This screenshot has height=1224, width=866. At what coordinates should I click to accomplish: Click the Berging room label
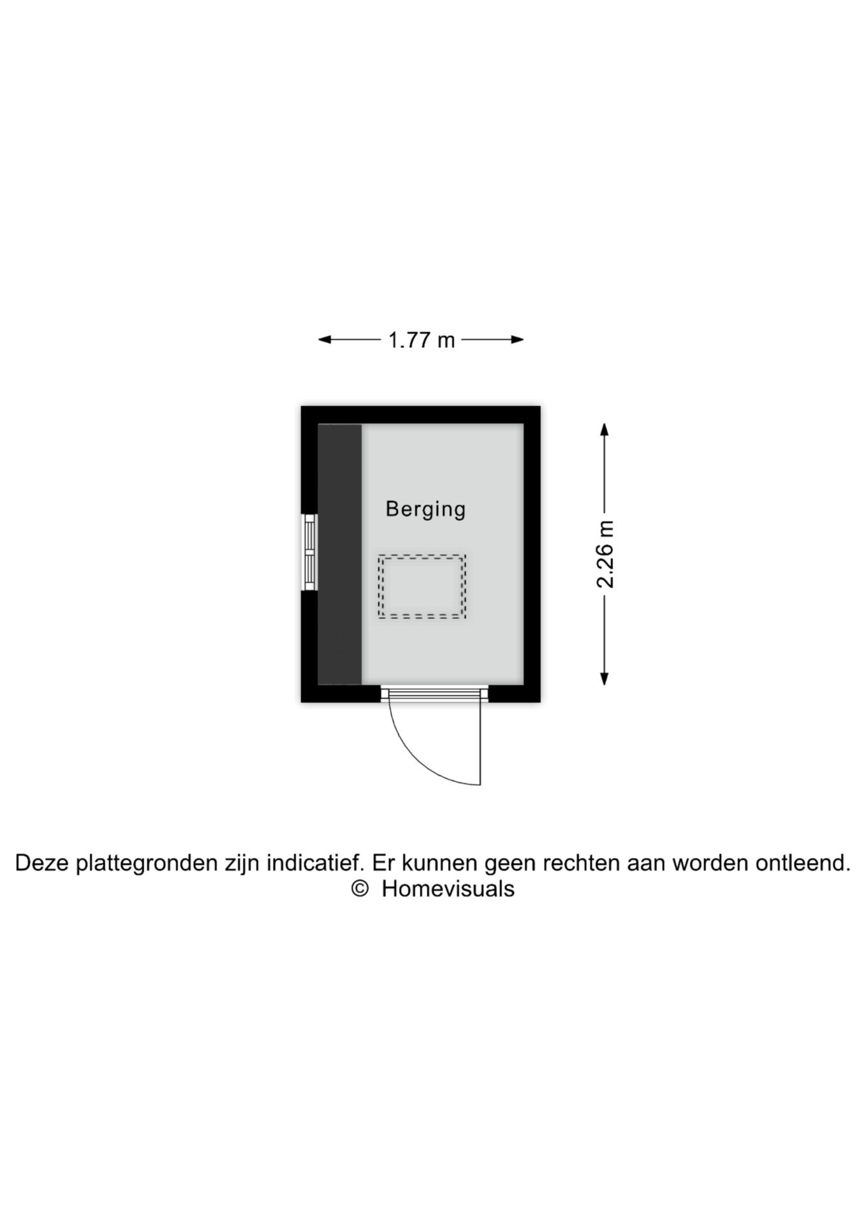click(425, 509)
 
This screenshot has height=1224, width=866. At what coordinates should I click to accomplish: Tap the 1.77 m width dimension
click(422, 340)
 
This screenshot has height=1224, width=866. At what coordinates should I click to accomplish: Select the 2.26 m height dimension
click(605, 554)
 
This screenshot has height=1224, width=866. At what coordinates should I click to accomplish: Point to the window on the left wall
click(309, 552)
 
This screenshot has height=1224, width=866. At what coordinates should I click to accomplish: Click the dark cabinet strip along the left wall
click(340, 554)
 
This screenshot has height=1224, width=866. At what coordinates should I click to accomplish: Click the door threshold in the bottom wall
click(435, 694)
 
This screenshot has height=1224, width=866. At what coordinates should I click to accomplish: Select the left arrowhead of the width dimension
click(325, 340)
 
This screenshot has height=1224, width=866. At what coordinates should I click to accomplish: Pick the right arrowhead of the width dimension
click(518, 340)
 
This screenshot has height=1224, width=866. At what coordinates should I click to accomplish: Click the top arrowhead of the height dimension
click(605, 429)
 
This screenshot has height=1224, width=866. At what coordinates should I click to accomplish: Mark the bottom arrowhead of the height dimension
click(605, 679)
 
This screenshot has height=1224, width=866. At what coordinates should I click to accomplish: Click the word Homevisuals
click(448, 889)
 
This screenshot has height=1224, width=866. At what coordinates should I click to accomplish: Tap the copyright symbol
click(360, 889)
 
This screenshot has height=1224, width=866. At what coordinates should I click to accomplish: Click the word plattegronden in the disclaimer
click(147, 863)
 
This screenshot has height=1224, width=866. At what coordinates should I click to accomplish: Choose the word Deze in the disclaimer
click(42, 863)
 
